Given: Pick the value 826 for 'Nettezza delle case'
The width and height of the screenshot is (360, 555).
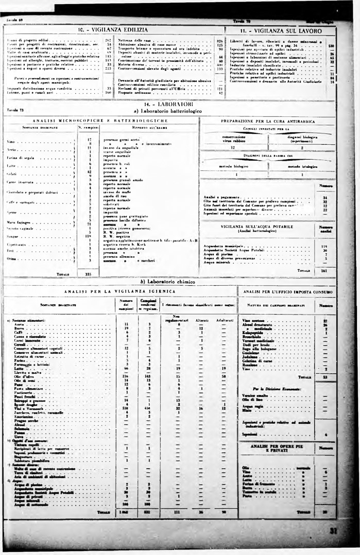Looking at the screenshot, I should tap(219, 40).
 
